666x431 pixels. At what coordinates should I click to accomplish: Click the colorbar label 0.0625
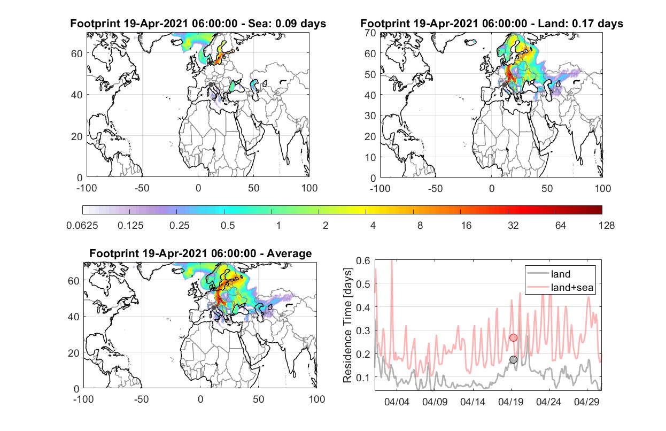[x=82, y=226]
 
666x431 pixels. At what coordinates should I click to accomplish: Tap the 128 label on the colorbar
[x=606, y=226]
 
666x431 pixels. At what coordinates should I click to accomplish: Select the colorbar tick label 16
[x=466, y=226]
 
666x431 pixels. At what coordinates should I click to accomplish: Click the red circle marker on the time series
[x=514, y=337]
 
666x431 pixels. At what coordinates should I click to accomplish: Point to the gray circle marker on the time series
[x=514, y=360]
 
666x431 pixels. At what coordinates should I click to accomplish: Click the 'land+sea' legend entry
[x=572, y=287]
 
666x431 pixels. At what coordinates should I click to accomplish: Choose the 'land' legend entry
[x=561, y=274]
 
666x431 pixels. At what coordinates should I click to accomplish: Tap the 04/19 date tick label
[x=511, y=402]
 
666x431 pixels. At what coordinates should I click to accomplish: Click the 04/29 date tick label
[x=586, y=402]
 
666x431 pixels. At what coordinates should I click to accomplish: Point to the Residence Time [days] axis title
[x=347, y=325]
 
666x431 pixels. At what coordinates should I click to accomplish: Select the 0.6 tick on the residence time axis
[x=363, y=260]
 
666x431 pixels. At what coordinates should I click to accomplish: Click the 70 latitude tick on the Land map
[x=370, y=33]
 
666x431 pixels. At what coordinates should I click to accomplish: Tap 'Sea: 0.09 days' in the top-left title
[x=287, y=24]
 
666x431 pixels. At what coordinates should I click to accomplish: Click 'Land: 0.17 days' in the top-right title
[x=580, y=24]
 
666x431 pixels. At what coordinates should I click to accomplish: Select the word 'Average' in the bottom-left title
[x=289, y=253]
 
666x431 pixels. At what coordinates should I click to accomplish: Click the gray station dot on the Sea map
[x=211, y=84]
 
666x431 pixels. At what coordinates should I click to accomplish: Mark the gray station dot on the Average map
[x=213, y=307]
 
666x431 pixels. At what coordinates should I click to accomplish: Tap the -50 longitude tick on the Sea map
[x=142, y=188]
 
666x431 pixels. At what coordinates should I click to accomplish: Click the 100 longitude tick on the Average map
[x=316, y=399]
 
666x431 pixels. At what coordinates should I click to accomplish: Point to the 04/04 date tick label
[x=397, y=402]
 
